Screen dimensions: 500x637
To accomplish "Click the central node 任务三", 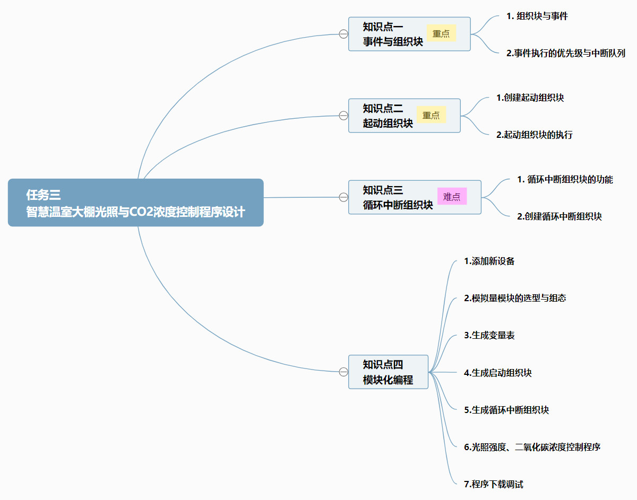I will [135, 203].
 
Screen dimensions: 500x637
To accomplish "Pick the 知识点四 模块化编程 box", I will [388, 372].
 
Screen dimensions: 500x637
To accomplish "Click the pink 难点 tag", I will [452, 197].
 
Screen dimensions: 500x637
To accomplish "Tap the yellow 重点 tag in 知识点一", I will [441, 33].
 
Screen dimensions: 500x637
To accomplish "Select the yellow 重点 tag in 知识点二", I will [431, 115].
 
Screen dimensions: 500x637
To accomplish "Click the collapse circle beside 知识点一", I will [343, 34].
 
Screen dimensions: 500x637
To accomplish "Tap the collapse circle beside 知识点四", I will [343, 372].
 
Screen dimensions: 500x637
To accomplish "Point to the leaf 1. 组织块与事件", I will [537, 16].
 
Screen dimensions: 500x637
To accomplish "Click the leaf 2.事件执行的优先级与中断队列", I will [566, 53].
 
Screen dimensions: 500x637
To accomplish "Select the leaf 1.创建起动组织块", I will [530, 98].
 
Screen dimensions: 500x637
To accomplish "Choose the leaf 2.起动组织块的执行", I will [534, 135].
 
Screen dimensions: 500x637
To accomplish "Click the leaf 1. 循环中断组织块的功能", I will [565, 179].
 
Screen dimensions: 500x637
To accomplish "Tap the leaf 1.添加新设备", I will [489, 261].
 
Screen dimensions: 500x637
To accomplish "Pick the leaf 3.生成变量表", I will [489, 335].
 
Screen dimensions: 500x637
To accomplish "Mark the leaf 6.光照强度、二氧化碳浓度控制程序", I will [532, 447].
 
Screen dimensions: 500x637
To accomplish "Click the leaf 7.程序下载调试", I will [493, 484].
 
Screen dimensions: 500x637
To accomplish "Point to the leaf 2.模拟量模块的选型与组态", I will [515, 298].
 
